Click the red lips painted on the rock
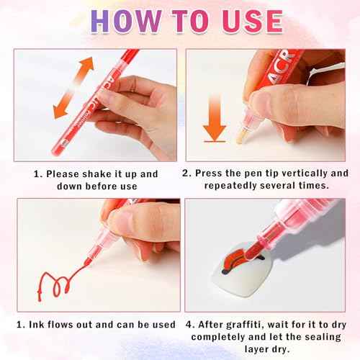click(x=235, y=260)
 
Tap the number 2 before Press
click(x=186, y=174)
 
